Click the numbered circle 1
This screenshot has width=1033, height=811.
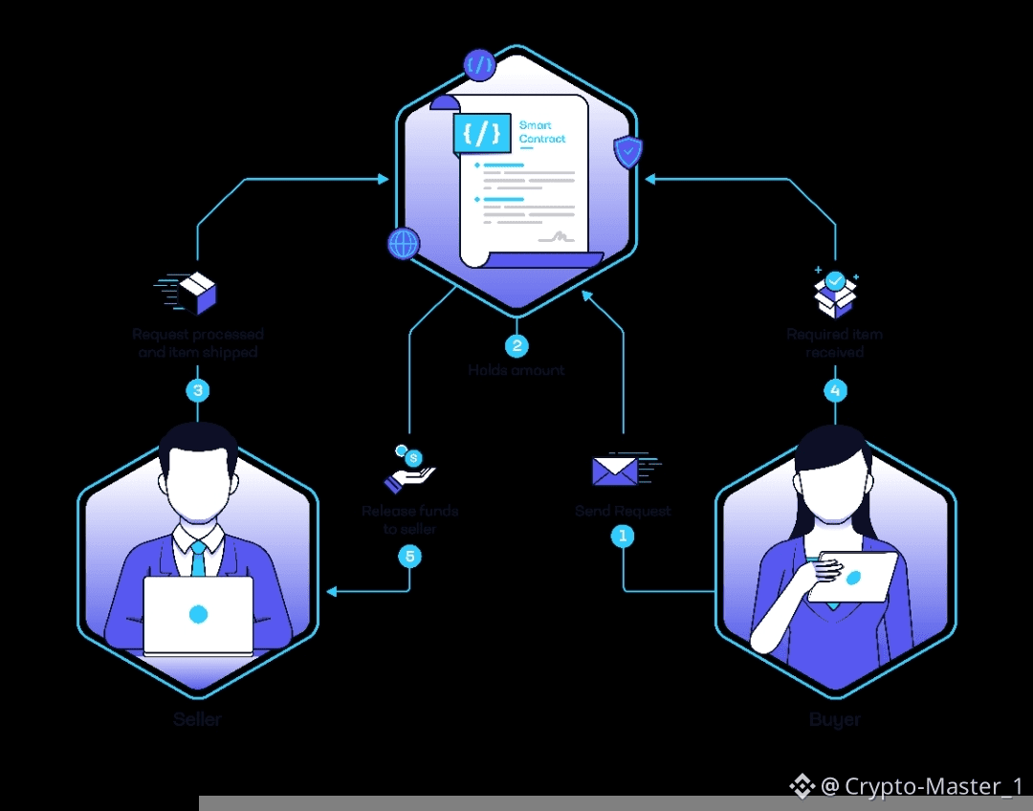click(623, 537)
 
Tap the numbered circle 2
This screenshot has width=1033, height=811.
click(516, 345)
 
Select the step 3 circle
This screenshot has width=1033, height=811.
click(198, 390)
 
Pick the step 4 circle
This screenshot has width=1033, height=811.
click(836, 390)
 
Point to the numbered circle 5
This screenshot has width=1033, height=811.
click(409, 556)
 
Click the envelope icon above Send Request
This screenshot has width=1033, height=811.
click(616, 471)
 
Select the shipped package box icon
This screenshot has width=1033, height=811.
click(195, 292)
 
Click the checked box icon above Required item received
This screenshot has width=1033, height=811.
click(835, 292)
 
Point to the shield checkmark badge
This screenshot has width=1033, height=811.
click(627, 151)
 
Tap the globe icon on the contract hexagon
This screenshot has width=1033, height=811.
click(404, 243)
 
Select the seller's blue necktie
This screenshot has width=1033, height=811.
click(198, 559)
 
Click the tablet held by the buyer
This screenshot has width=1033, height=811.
click(852, 577)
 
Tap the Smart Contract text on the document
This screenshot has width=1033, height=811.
click(542, 132)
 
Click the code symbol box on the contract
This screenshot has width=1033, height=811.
click(482, 133)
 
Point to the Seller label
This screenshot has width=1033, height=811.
click(198, 719)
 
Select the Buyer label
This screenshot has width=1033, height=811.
click(835, 719)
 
